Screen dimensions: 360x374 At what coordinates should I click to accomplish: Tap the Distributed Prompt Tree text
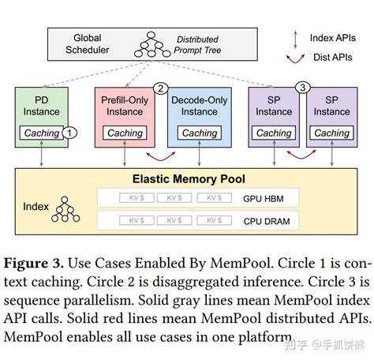[197, 44]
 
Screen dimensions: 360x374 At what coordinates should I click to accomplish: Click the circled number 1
[71, 133]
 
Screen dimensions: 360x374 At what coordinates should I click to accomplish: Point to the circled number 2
[160, 88]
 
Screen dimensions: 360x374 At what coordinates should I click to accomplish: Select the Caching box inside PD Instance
[42, 133]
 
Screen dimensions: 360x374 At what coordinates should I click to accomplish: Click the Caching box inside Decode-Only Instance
[199, 133]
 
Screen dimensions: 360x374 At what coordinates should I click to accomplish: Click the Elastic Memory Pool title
[186, 178]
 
